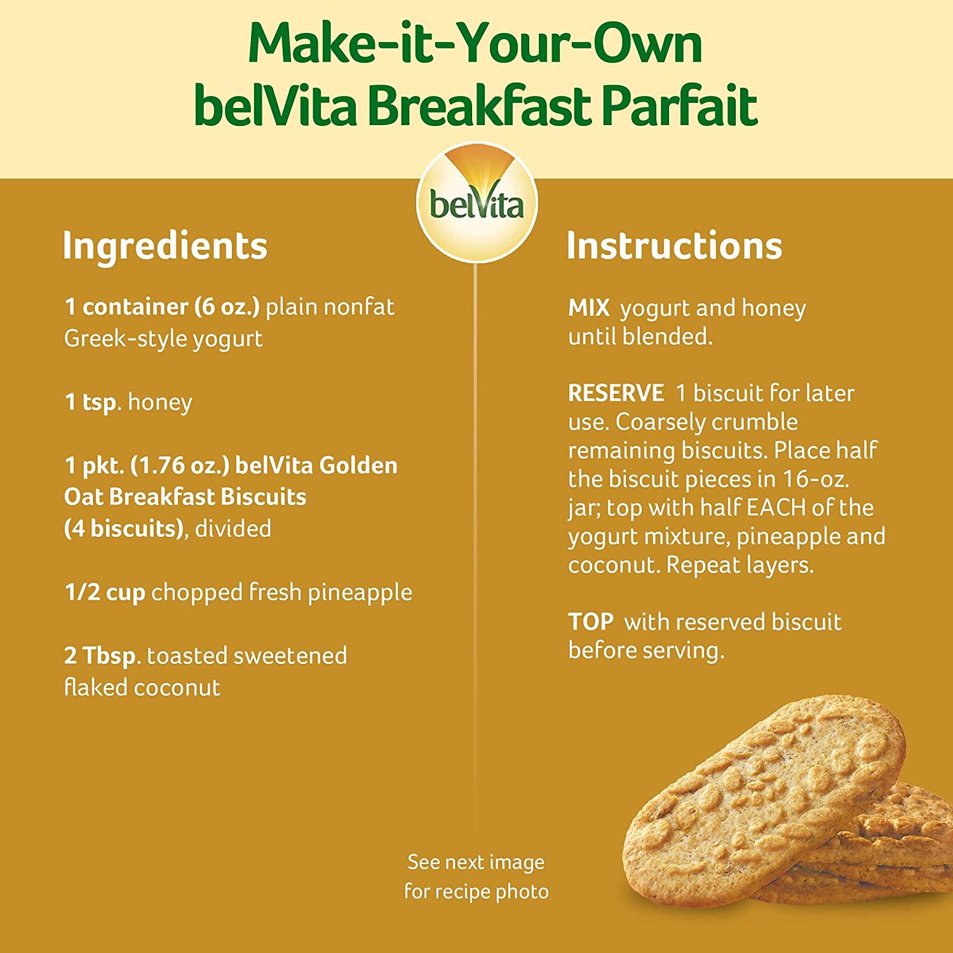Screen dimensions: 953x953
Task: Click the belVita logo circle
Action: coord(476,202)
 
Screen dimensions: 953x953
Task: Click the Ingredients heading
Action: coord(165,246)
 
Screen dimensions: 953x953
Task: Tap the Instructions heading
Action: coord(674,246)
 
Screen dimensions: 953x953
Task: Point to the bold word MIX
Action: coord(589,308)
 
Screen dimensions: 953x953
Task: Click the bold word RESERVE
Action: coord(616,393)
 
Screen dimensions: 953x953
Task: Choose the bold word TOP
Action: coord(591,622)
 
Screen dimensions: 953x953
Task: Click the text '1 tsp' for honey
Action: coord(91,402)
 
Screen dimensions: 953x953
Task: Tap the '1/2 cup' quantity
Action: coord(105,592)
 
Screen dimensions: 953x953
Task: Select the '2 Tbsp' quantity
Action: coord(100,656)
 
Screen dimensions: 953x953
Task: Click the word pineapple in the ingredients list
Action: coord(360,593)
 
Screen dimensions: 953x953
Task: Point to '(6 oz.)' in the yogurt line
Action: coord(227,307)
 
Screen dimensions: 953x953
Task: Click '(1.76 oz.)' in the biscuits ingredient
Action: coord(180,466)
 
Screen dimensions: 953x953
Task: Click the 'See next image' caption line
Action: coord(476,862)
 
